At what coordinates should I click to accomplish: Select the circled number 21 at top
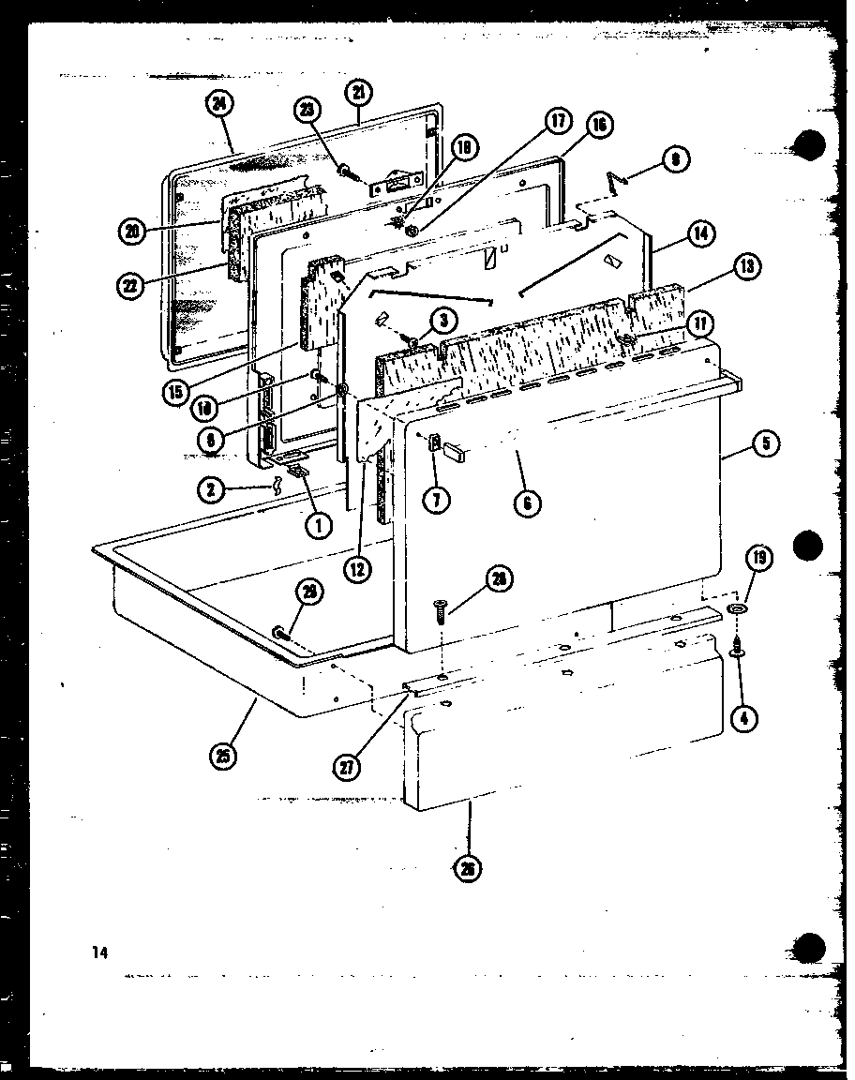[359, 92]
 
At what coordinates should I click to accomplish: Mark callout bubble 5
[766, 443]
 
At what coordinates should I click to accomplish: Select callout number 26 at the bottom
[468, 869]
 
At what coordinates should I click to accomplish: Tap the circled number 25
[225, 754]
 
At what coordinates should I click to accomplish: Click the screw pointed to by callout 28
[442, 609]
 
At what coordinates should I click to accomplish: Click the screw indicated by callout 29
[279, 634]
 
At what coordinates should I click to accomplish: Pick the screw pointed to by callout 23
[348, 172]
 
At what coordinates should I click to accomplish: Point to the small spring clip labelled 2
[277, 485]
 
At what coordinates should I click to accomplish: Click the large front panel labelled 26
[562, 731]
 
